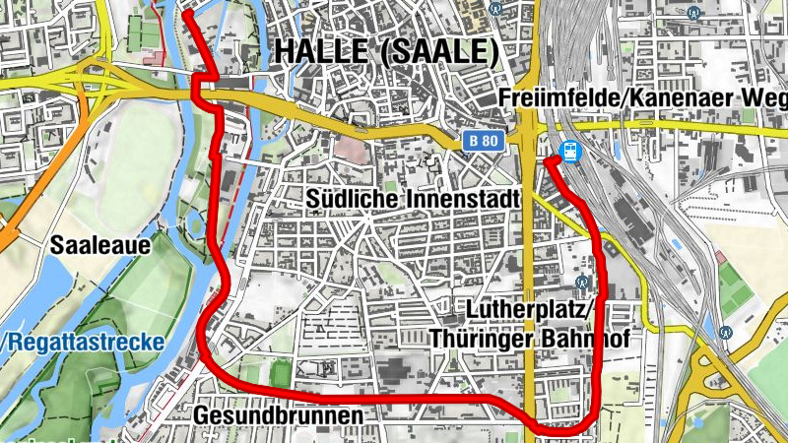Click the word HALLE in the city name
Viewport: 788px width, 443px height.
[x=320, y=52]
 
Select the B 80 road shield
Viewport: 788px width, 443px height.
[x=484, y=141]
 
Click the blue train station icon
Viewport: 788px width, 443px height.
[x=568, y=152]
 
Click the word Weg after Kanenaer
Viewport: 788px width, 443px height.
[x=764, y=98]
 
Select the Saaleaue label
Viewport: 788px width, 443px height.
[x=95, y=244]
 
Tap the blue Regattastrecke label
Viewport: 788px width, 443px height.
[x=85, y=342]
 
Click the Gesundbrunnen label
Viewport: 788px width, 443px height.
[x=279, y=414]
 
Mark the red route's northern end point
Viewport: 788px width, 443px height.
[x=186, y=15]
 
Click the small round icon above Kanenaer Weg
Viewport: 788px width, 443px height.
[x=695, y=13]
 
